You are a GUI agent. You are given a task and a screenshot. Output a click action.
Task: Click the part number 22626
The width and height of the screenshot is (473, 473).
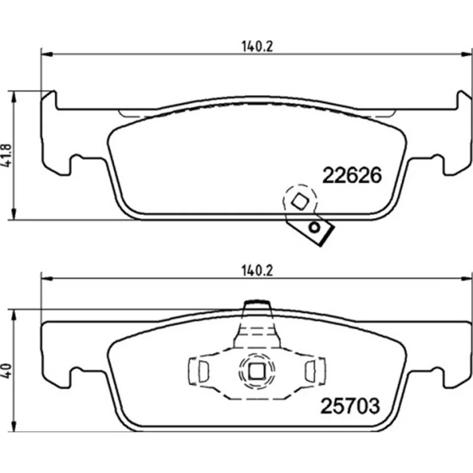click(352, 175)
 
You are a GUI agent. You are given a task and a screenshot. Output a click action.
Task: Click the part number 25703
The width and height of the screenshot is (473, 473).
click(350, 406)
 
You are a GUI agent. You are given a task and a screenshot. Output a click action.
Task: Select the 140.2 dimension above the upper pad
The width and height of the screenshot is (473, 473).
click(257, 47)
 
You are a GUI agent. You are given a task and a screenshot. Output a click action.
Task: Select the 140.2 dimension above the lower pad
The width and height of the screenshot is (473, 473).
click(257, 271)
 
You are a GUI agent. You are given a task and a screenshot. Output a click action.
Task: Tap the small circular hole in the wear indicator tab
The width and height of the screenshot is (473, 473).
click(315, 227)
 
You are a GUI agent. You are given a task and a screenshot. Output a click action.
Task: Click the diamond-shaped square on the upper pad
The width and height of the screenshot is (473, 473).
click(300, 201)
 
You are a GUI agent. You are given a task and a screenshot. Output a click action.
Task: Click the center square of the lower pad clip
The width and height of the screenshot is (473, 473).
click(257, 371)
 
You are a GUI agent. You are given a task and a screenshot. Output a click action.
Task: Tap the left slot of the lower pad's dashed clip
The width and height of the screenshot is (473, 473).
click(203, 371)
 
